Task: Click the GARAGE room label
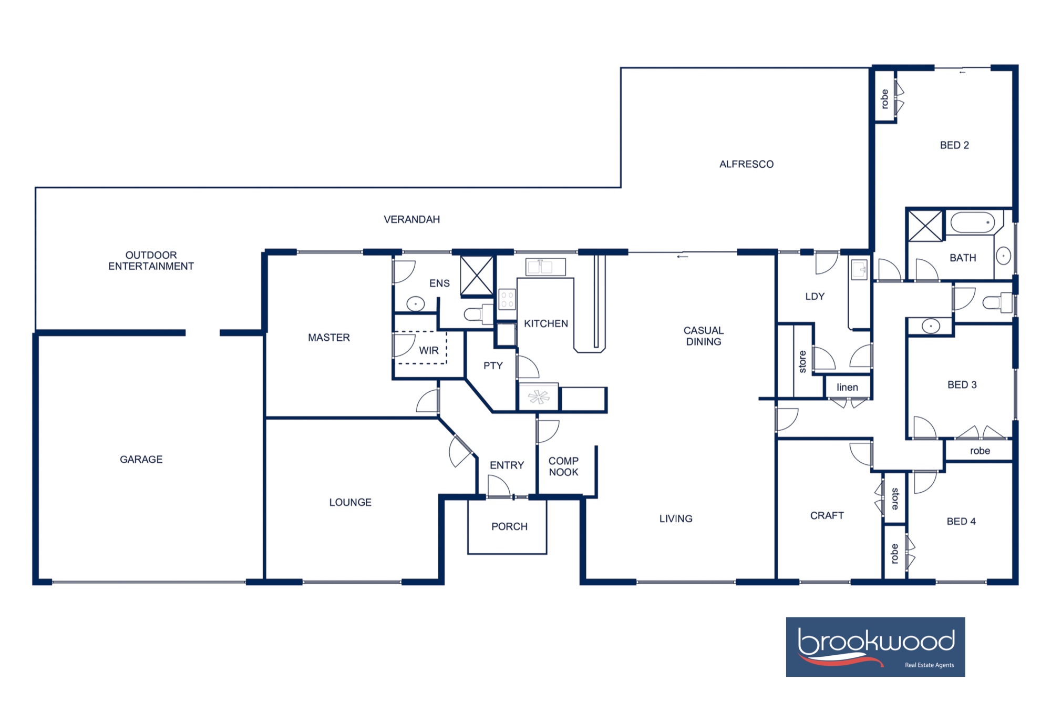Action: point(141,459)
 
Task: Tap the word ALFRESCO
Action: point(746,164)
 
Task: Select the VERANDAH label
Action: point(411,219)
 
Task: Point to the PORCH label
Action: point(509,526)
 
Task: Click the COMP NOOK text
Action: point(563,466)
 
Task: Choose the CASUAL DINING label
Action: point(703,336)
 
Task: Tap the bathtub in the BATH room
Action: point(973,223)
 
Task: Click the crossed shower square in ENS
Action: point(477,276)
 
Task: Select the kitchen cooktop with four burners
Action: point(507,300)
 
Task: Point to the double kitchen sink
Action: point(545,267)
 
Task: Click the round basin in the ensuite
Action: point(416,304)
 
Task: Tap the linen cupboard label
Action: point(847,388)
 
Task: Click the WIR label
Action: point(428,350)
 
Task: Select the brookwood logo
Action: point(875,646)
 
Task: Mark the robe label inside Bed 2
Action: point(884,99)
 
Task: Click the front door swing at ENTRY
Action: point(498,486)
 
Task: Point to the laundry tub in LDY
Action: point(859,270)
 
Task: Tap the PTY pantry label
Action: point(493,365)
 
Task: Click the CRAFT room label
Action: point(827,515)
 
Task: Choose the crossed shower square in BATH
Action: point(925,226)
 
